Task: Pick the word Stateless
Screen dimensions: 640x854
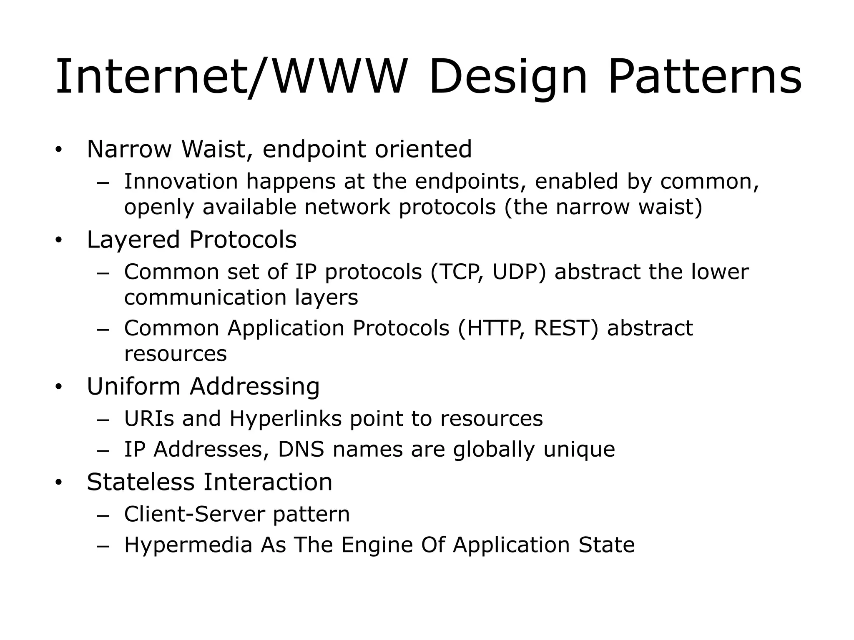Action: [x=141, y=482]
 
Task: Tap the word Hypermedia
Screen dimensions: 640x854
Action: [x=188, y=545]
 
